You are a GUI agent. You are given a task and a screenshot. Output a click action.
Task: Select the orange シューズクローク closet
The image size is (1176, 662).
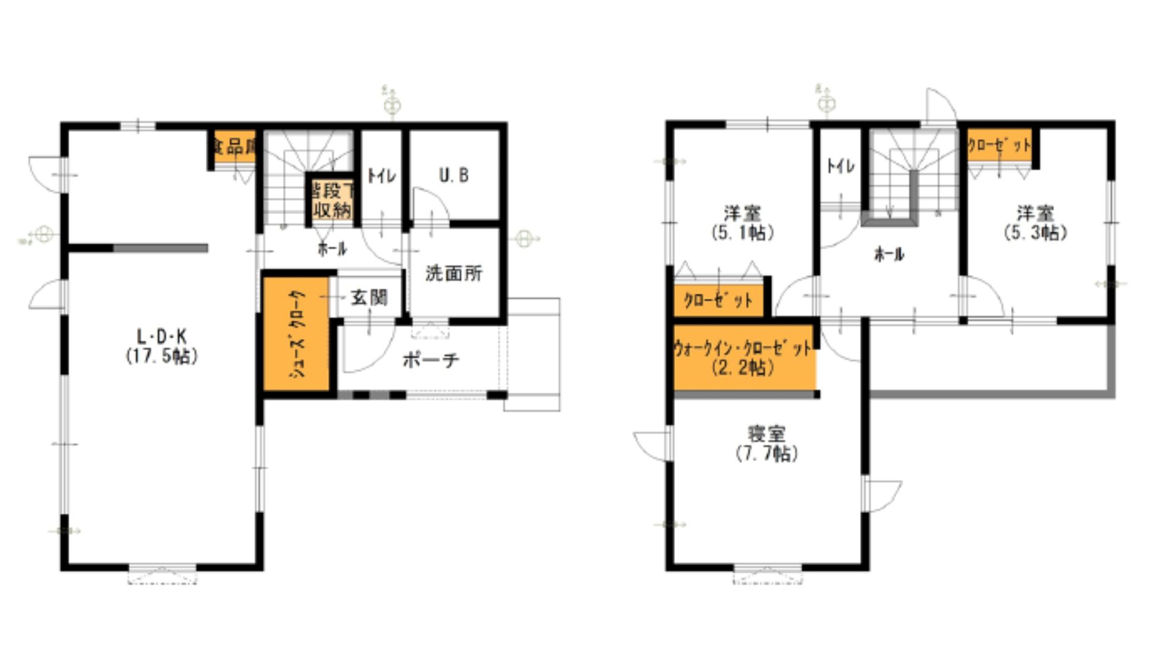point(297,334)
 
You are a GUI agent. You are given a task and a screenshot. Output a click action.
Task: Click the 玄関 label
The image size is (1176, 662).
point(369,299)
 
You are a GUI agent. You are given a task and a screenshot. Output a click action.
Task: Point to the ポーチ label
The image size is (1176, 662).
point(431,360)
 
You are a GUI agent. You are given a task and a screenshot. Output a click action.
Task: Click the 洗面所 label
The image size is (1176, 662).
point(454,273)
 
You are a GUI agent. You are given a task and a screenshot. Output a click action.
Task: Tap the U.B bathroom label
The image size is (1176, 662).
point(454,176)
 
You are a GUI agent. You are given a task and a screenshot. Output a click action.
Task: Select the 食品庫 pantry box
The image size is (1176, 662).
point(233,147)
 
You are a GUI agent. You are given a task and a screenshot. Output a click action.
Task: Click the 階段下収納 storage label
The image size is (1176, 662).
point(331,200)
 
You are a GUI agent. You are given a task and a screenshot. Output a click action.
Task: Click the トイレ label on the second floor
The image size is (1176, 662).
point(840,166)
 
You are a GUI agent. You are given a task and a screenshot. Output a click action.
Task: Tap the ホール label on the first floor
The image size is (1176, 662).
point(332,249)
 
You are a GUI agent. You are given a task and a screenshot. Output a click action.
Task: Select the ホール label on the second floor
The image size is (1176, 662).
point(889,254)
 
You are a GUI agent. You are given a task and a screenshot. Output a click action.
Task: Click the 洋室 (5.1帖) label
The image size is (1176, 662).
point(742,224)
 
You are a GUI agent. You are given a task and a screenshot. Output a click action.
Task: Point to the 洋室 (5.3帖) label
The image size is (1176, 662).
point(1035,224)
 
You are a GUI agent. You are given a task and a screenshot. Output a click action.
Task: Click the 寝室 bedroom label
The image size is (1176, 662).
point(766,434)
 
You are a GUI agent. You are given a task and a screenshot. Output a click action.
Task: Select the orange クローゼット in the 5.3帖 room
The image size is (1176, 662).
point(998,146)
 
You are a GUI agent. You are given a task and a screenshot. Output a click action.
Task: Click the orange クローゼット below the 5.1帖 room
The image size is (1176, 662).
point(718,301)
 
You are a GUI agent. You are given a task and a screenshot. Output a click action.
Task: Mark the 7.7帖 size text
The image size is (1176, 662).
point(766,454)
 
